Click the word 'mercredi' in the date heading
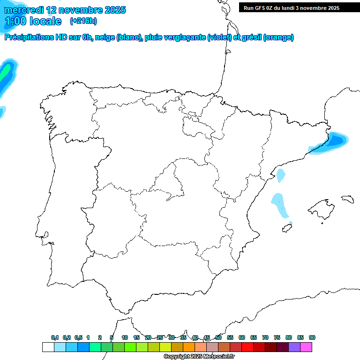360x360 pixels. tap(25, 10)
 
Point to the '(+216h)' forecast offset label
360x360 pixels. tap(83, 21)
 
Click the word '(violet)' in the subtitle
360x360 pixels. tap(219, 37)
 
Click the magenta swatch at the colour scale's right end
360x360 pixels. tap(306, 347)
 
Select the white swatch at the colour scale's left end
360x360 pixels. tap(48, 347)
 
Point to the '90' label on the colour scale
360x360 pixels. tap(312, 337)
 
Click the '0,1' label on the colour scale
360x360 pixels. tap(55, 337)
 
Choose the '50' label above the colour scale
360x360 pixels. tap(218, 337)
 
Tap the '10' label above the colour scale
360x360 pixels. tap(125, 337)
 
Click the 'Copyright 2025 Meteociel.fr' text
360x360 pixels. tap(199, 357)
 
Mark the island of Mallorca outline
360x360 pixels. tap(321, 209)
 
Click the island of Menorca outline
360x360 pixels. tap(347, 199)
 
